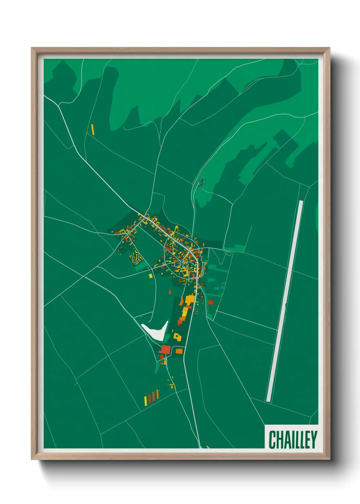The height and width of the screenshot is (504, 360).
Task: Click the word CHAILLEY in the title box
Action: [x=293, y=440]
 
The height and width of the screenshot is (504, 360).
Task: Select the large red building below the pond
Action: [x=165, y=349]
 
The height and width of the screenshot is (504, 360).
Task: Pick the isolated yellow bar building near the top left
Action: [x=93, y=129]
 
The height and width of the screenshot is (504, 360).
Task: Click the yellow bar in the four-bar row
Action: [x=146, y=401]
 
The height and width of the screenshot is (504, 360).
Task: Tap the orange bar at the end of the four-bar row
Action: [x=158, y=394]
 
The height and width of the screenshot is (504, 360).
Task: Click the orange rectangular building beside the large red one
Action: [x=179, y=351]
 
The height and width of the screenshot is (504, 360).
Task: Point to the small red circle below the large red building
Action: [x=161, y=357]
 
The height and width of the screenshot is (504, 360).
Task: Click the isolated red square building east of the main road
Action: [x=211, y=302]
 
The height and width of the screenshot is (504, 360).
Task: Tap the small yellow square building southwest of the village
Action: [x=150, y=276]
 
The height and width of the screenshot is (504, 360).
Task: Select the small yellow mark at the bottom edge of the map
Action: [x=208, y=447]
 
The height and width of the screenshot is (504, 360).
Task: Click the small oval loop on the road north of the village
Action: [x=201, y=183]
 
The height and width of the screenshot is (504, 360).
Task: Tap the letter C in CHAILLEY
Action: [x=272, y=440]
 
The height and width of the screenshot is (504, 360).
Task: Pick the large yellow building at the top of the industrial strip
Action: [x=190, y=300]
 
